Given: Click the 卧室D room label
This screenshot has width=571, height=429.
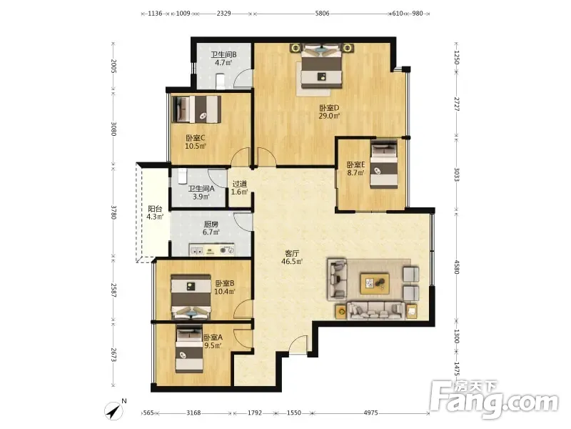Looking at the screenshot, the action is coord(329,108).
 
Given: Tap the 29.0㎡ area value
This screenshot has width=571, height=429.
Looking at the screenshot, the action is coord(329,117).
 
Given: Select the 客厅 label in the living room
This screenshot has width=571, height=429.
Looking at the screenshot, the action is coord(292,253).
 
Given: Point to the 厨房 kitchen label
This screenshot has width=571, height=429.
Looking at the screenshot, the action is coord(211,225).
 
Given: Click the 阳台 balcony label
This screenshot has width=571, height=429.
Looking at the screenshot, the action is coord(155,209).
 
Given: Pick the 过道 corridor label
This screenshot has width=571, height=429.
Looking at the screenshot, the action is coord(240,184).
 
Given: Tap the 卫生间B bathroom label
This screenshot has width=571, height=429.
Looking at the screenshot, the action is coord(223,55).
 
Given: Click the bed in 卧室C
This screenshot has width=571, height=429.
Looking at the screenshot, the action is coord(196,109).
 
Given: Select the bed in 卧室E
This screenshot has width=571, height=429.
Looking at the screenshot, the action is coord(384,164).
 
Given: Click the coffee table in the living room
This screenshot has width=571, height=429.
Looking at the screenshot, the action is coord(375,283).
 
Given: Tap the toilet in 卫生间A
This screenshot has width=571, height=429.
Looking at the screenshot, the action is coord(183,177).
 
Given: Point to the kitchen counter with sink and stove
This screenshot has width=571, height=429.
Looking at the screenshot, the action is coord(211,250).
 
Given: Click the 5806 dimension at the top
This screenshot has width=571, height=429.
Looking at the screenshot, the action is coord(322,14).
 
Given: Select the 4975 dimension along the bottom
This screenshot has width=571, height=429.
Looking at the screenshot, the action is coord(370,413).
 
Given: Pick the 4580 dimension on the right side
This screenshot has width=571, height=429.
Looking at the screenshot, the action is coord(457,266).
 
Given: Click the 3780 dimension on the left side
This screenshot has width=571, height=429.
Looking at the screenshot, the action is coord(113,212).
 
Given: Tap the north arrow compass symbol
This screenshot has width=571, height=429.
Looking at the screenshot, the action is coord(114,410).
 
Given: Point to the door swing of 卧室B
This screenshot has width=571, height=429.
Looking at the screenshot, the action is coord(243,309).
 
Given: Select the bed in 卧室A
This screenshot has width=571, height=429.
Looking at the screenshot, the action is coord(189,350).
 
